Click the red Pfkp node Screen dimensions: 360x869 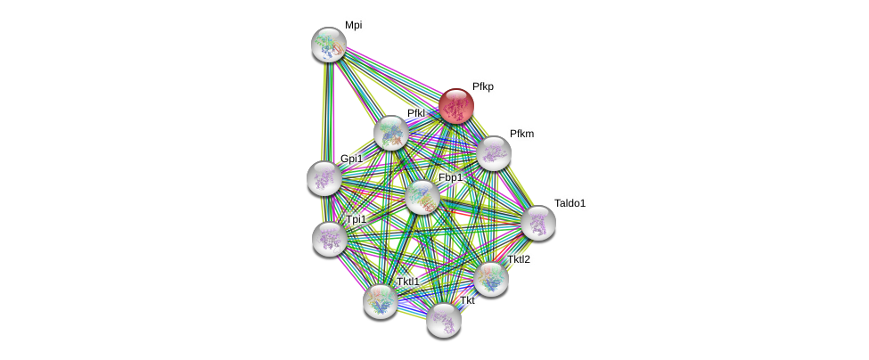[455, 106]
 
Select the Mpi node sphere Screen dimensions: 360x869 [328, 45]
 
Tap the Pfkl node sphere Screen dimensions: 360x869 [390, 133]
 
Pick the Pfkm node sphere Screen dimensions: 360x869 [493, 153]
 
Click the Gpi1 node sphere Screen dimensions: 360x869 [324, 178]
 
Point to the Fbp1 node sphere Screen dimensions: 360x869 [422, 197]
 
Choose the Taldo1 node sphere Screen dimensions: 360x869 [538, 223]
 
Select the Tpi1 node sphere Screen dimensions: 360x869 [330, 239]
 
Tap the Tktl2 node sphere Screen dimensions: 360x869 [491, 279]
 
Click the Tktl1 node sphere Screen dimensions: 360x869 [381, 301]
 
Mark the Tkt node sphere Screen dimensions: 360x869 [443, 320]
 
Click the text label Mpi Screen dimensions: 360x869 [354, 25]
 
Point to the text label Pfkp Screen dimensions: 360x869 [482, 86]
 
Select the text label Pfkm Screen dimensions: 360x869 [521, 134]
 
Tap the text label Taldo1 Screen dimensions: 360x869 [570, 203]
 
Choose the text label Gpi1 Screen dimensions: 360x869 [351, 159]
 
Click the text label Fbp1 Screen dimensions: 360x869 [450, 177]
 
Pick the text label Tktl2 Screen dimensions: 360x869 [518, 259]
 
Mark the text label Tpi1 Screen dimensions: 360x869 [356, 219]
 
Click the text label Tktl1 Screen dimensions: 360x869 [407, 282]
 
